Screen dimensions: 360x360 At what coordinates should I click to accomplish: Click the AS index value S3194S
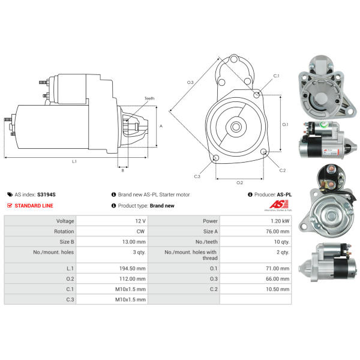tap(46, 194)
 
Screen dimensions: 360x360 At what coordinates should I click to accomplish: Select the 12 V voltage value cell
tap(112, 221)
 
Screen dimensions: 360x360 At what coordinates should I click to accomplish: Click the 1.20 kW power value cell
tap(255, 221)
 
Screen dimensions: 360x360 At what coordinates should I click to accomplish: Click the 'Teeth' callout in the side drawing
tap(149, 98)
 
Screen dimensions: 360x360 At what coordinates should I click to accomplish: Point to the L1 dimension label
tap(74, 162)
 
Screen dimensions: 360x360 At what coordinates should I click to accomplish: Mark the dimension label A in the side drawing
tap(161, 126)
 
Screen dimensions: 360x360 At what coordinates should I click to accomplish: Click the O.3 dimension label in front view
tap(190, 82)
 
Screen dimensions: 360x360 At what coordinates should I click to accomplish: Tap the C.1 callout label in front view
tap(276, 76)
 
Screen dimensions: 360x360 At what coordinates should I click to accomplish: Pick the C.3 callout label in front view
tap(197, 176)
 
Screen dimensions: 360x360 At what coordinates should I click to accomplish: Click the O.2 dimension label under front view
tap(240, 182)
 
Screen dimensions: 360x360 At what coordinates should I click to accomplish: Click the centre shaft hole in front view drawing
tap(236, 127)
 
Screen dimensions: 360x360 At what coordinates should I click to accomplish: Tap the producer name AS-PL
tap(284, 194)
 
